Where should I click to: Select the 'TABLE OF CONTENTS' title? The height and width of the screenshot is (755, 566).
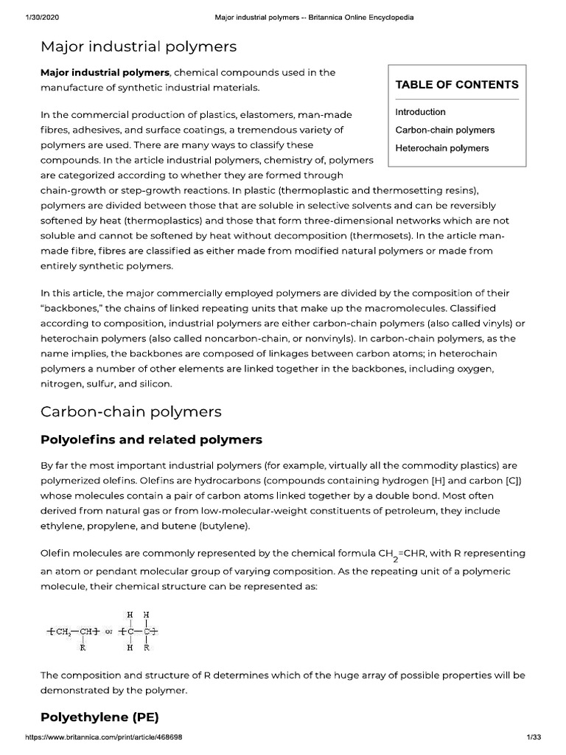point(457,85)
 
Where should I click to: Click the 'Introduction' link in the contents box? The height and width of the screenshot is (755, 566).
point(420,112)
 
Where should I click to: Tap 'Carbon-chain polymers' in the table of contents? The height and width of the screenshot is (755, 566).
point(444,130)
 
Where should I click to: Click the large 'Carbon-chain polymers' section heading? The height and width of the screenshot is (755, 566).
point(130,411)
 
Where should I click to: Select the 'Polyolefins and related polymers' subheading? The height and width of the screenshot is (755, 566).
point(151,440)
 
